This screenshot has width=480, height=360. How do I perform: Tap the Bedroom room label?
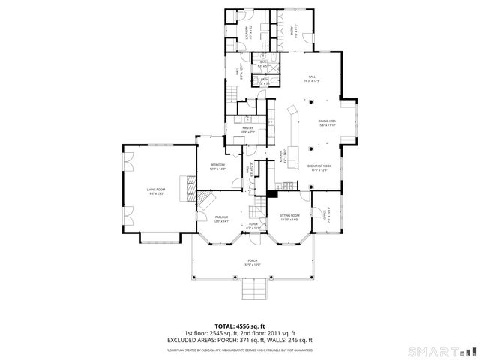pyautogui.click(x=217, y=168)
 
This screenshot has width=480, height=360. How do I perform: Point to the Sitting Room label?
pyautogui.click(x=290, y=219)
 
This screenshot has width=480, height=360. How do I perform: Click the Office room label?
pyautogui.click(x=325, y=214)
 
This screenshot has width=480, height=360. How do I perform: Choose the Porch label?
pyautogui.click(x=252, y=262)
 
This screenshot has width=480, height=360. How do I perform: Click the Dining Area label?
pyautogui.click(x=327, y=122)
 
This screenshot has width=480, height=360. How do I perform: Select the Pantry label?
pyautogui.click(x=248, y=129)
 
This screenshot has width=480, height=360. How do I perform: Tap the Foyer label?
pyautogui.click(x=253, y=226)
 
